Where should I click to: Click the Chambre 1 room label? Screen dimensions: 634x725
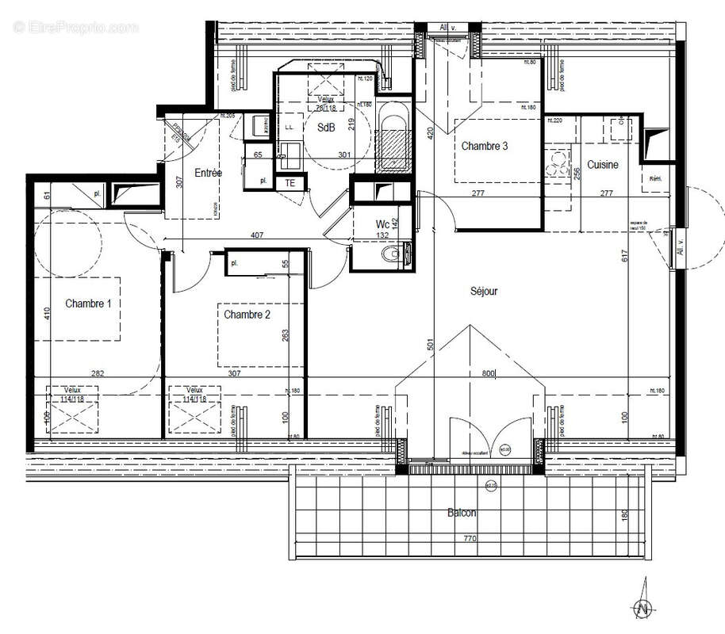(x=88, y=303)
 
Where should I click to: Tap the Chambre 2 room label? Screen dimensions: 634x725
(x=247, y=315)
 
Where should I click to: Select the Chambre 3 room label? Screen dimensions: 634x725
(x=484, y=146)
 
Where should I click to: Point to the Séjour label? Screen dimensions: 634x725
(x=484, y=291)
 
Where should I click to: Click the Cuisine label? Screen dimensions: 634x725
(x=603, y=164)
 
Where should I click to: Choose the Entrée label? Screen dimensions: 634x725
(x=209, y=172)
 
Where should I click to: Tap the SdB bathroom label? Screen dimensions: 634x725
(x=325, y=127)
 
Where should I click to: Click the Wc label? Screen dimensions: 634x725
(x=382, y=224)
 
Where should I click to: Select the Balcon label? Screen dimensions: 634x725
(x=461, y=513)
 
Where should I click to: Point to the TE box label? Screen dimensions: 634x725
(x=290, y=182)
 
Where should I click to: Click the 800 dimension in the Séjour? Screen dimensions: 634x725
(x=486, y=372)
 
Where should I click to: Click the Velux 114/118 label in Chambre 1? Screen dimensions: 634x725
(x=67, y=395)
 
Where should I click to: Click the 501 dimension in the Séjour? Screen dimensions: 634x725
(x=429, y=345)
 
